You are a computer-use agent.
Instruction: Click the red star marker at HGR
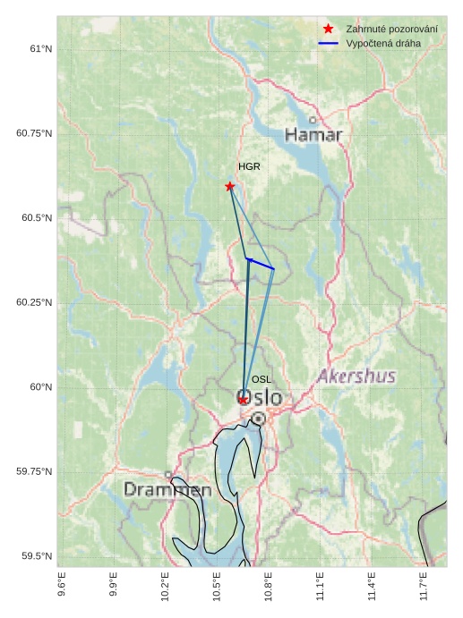[x=230, y=186]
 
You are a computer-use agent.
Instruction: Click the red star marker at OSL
[x=243, y=400]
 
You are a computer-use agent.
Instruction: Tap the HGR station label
[x=249, y=167]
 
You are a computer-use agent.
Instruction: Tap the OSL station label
[x=262, y=380]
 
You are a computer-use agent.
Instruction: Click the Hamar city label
[x=313, y=135]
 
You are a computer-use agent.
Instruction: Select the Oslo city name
[x=260, y=397]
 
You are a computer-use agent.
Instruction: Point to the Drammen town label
[x=167, y=490]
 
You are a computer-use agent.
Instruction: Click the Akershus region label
[x=356, y=377]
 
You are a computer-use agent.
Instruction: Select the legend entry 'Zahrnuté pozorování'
[x=391, y=30]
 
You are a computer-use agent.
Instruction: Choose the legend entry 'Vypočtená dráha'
[x=383, y=43]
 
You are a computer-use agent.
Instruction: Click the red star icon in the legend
[x=328, y=30]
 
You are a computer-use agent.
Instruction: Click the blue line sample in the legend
[x=328, y=43]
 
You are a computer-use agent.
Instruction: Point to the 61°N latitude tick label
[x=40, y=48]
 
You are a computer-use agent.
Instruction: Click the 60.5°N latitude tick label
[x=34, y=218]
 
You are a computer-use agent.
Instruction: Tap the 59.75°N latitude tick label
[x=34, y=472]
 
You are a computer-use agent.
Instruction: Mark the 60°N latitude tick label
[x=40, y=387]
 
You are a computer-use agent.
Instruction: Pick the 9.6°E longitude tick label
[x=61, y=586]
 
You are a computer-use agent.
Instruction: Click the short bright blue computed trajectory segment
[x=261, y=264]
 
